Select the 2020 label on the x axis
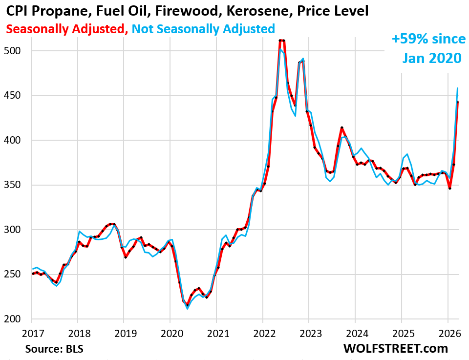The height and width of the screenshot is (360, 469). (x=170, y=334)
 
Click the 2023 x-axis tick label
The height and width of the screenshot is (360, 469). (x=309, y=334)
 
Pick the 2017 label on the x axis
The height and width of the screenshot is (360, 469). (x=31, y=334)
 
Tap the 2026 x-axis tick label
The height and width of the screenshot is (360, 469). (x=448, y=334)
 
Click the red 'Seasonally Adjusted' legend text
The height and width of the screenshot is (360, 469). (x=64, y=29)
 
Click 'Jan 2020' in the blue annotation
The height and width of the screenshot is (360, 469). (x=431, y=58)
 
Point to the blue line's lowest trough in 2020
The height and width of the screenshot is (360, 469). (x=188, y=309)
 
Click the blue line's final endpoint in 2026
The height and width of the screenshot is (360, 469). (x=457, y=88)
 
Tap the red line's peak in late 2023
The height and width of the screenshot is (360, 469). (x=342, y=127)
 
